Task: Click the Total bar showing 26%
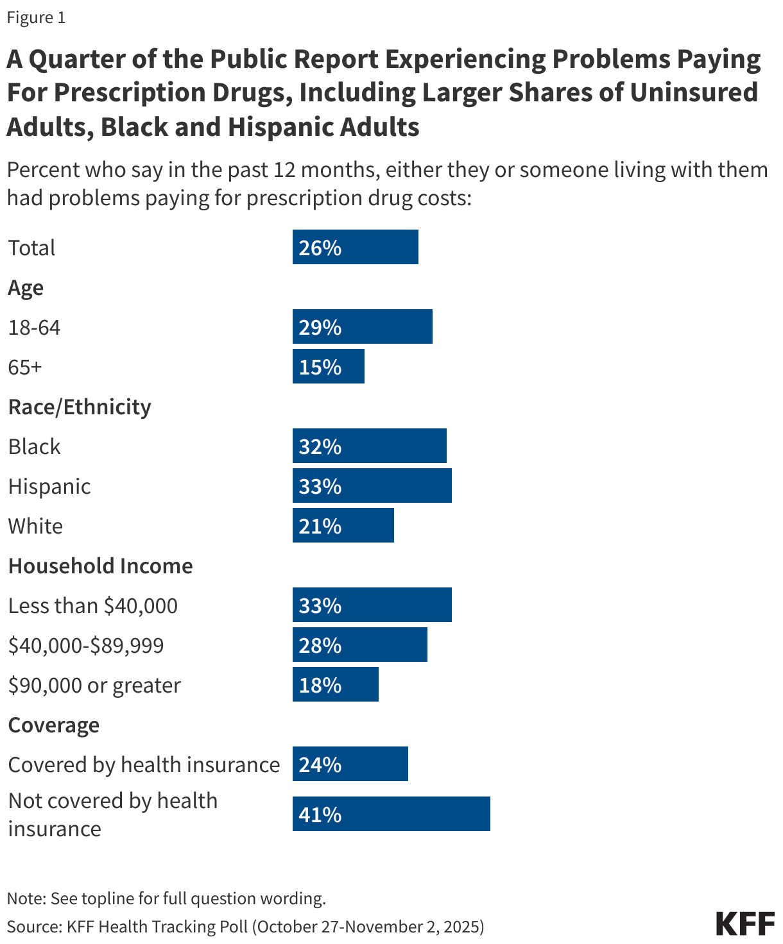tap(355, 247)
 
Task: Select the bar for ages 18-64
tap(362, 326)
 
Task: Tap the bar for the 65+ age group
tap(328, 366)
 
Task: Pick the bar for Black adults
tap(369, 446)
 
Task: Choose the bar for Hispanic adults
tap(372, 485)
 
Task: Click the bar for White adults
tap(343, 525)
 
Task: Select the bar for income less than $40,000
tap(372, 605)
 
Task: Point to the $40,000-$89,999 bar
tap(359, 645)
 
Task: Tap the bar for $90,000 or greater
tap(335, 684)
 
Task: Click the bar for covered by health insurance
tap(350, 764)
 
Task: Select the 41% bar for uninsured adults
tap(391, 814)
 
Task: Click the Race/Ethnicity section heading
tap(80, 407)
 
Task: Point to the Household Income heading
tap(100, 566)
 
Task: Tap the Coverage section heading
tap(54, 725)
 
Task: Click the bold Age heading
tap(26, 288)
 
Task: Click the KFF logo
tap(745, 923)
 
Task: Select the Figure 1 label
tap(36, 17)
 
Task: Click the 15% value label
tap(320, 367)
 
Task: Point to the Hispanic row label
tap(49, 486)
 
